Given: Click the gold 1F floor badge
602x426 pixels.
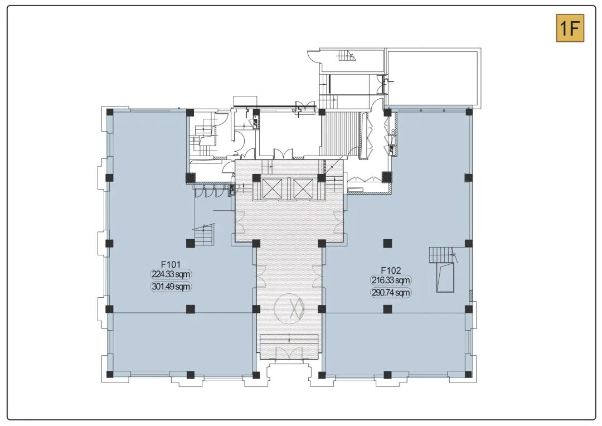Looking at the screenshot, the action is tap(570, 28).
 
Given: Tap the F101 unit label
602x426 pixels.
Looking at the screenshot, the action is tap(171, 264).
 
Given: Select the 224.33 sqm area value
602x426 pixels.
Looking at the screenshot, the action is tap(171, 274).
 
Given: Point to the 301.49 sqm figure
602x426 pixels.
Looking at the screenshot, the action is tap(171, 287).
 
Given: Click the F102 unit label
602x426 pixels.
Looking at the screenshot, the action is tap(391, 270).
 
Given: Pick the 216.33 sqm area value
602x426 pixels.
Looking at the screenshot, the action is tap(390, 280).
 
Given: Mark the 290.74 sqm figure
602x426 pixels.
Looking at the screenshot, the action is tap(390, 293).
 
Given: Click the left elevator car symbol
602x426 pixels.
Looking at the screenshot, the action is tap(272, 188).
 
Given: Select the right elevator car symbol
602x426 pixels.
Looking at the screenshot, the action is tap(303, 188).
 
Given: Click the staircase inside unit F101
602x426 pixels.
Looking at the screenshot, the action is tap(204, 234).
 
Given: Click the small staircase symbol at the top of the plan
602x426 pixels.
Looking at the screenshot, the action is tap(347, 56).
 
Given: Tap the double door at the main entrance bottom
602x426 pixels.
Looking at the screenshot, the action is tap(289, 354).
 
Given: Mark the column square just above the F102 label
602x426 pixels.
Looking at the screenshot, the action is tap(387, 243).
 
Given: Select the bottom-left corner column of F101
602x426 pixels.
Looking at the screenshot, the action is tap(110, 375).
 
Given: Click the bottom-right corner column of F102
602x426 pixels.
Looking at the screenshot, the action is tap(468, 375).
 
